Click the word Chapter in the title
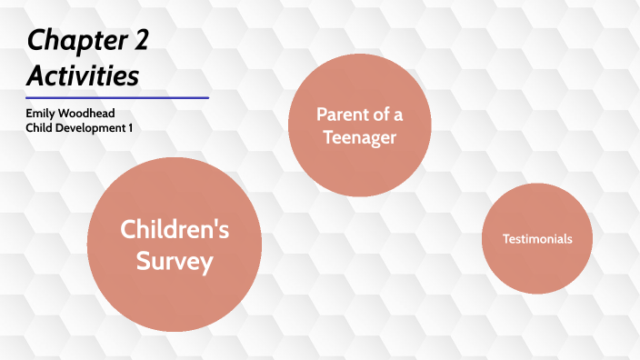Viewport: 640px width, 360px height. tap(77, 41)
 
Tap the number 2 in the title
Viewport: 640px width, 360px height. tap(139, 41)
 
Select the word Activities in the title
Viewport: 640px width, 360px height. tap(83, 75)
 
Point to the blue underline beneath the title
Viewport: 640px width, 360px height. tap(117, 97)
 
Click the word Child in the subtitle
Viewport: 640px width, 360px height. tap(42, 127)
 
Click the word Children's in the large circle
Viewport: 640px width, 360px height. tap(175, 230)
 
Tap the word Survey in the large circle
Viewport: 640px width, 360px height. tap(175, 262)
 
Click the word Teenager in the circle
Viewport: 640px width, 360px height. tap(359, 138)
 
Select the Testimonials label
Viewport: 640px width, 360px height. tap(537, 239)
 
